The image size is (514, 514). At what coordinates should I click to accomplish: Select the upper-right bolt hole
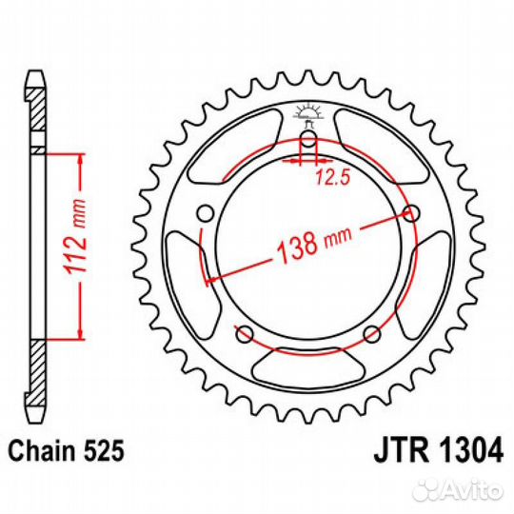tap(411, 211)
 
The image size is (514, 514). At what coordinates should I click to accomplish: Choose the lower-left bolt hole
tap(243, 333)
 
